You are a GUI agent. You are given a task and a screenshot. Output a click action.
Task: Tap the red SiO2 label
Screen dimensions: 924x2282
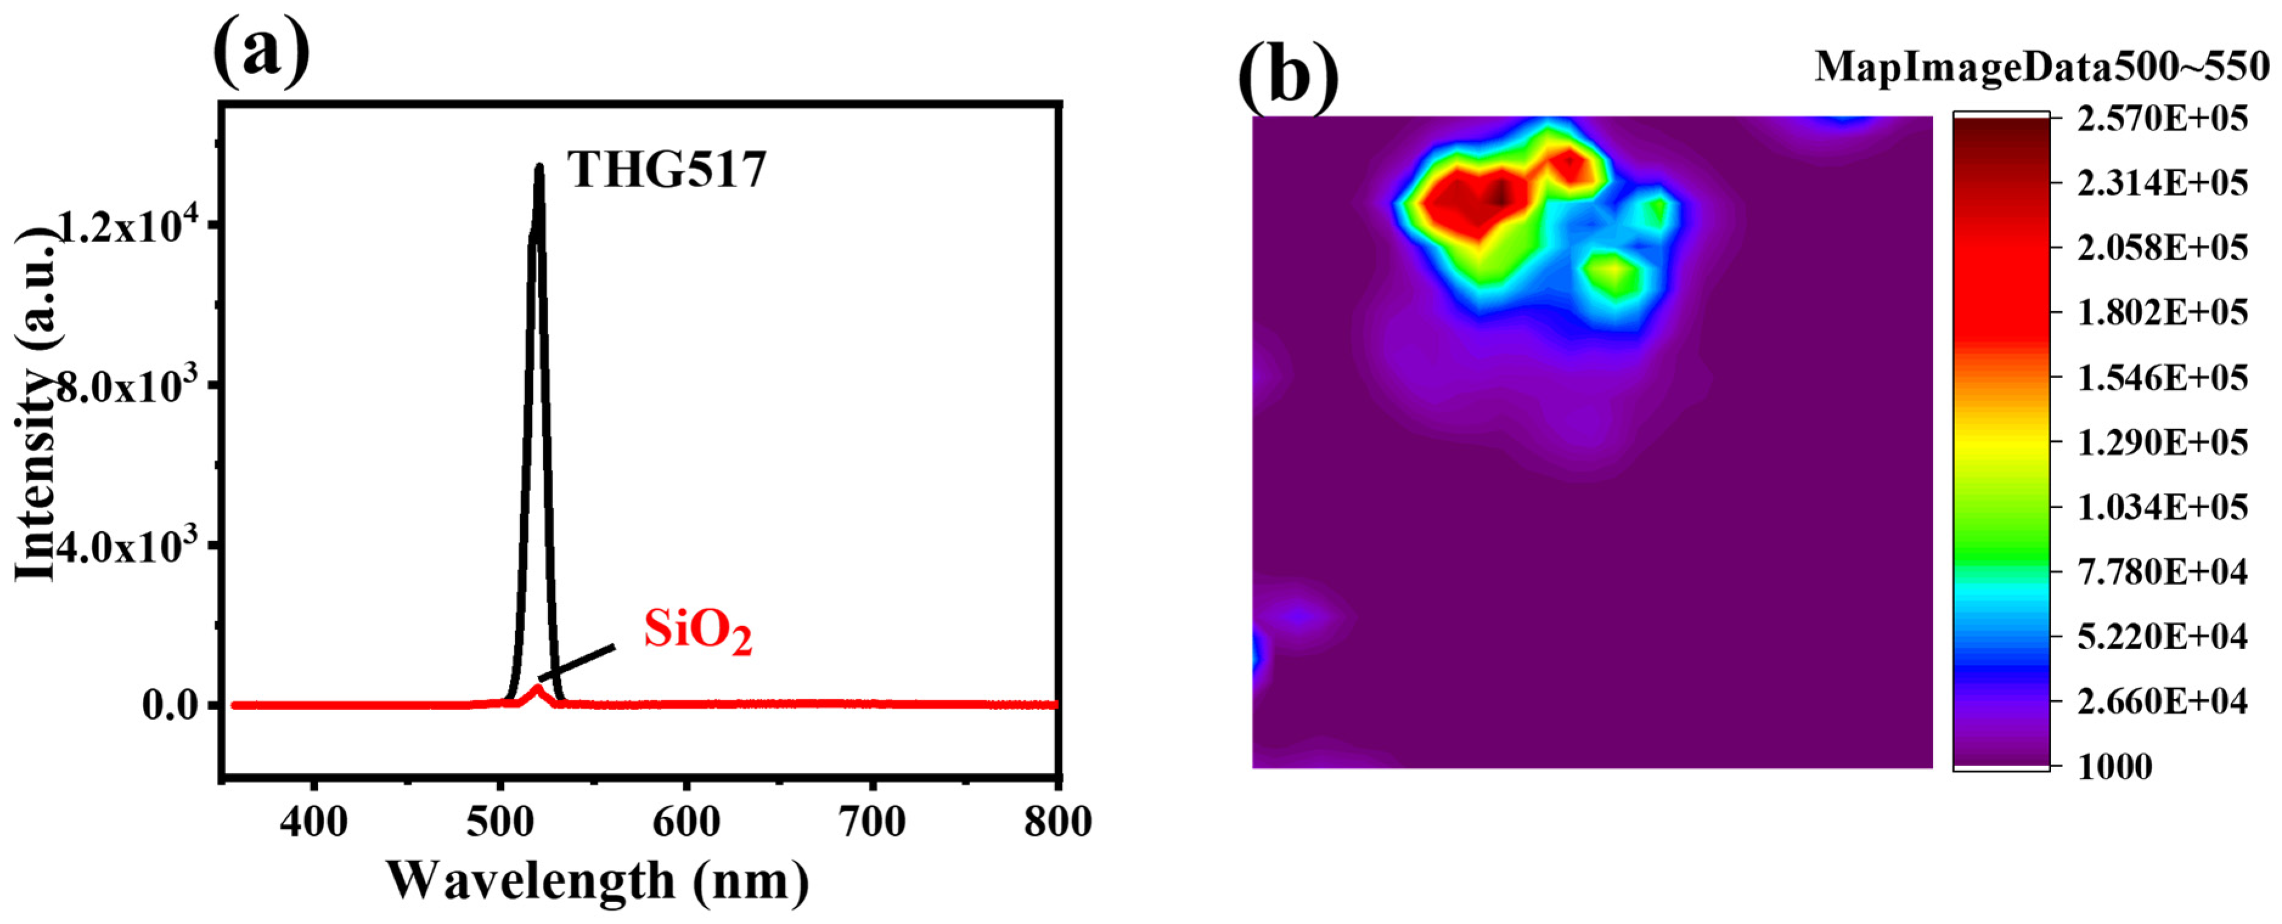[697, 632]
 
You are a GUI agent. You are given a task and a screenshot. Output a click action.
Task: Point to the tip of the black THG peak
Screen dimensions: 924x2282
[539, 167]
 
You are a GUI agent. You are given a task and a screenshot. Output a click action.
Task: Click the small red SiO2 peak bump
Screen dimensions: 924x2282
[537, 690]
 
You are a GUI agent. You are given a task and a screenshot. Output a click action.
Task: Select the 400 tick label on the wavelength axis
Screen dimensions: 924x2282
[314, 822]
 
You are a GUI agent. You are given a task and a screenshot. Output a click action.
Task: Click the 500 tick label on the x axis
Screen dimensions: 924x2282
[500, 822]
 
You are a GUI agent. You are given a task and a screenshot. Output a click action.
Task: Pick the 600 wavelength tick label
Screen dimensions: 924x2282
[686, 822]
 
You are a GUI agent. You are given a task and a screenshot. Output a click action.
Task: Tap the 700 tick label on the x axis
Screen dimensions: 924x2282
[872, 822]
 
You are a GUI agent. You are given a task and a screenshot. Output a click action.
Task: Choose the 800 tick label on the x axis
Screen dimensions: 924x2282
[1058, 822]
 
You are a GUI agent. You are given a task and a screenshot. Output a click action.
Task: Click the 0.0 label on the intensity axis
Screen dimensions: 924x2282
[171, 706]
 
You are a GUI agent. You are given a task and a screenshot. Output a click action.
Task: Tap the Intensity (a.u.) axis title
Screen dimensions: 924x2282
[37, 403]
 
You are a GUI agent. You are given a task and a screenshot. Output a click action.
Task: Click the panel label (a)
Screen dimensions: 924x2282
[261, 52]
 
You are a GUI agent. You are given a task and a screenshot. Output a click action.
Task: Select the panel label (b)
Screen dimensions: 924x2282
[1287, 76]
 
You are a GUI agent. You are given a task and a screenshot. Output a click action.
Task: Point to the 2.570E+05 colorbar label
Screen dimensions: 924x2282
[2162, 118]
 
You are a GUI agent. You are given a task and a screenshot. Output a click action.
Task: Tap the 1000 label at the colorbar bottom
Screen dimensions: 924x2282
[2115, 767]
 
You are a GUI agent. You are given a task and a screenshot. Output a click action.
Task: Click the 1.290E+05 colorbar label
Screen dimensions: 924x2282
[2162, 442]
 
